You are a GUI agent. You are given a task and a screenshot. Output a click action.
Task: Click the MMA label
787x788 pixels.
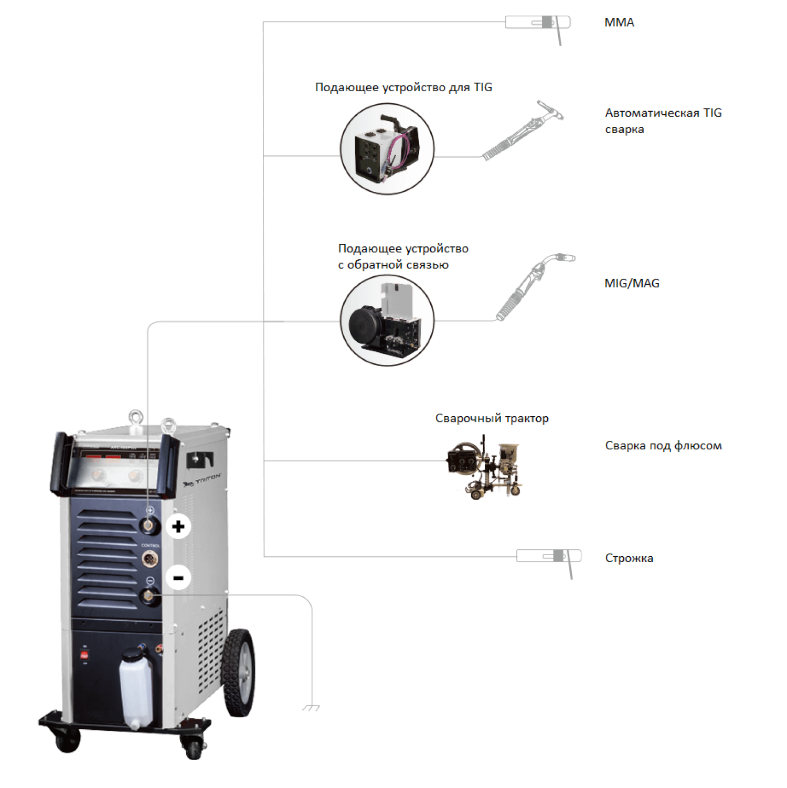coord(619,23)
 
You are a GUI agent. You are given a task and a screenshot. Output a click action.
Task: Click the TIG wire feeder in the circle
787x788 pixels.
coord(387,149)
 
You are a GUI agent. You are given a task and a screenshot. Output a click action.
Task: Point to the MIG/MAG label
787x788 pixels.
coord(632,283)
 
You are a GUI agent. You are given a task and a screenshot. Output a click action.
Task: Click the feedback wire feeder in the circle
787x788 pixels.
coord(387,320)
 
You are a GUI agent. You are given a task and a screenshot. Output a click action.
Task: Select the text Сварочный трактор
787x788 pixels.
coord(492,418)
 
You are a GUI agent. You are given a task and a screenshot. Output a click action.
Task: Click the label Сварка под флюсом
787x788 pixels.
coord(663,446)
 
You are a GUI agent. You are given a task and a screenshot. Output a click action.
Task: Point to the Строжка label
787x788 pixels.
coord(629,558)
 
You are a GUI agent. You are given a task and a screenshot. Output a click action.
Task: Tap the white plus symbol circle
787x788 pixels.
coord(178,526)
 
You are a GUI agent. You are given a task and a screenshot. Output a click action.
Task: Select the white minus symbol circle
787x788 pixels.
coord(178,578)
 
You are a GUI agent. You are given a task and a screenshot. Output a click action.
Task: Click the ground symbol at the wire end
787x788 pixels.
coord(311,708)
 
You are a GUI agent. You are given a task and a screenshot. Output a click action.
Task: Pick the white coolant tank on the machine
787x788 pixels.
coord(136,688)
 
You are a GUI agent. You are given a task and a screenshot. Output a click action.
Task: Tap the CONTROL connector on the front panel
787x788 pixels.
coord(150,559)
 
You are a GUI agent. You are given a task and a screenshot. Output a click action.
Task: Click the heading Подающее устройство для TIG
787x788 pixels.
coord(403,87)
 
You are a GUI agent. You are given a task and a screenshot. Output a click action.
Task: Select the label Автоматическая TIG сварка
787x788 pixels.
coord(663,121)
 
